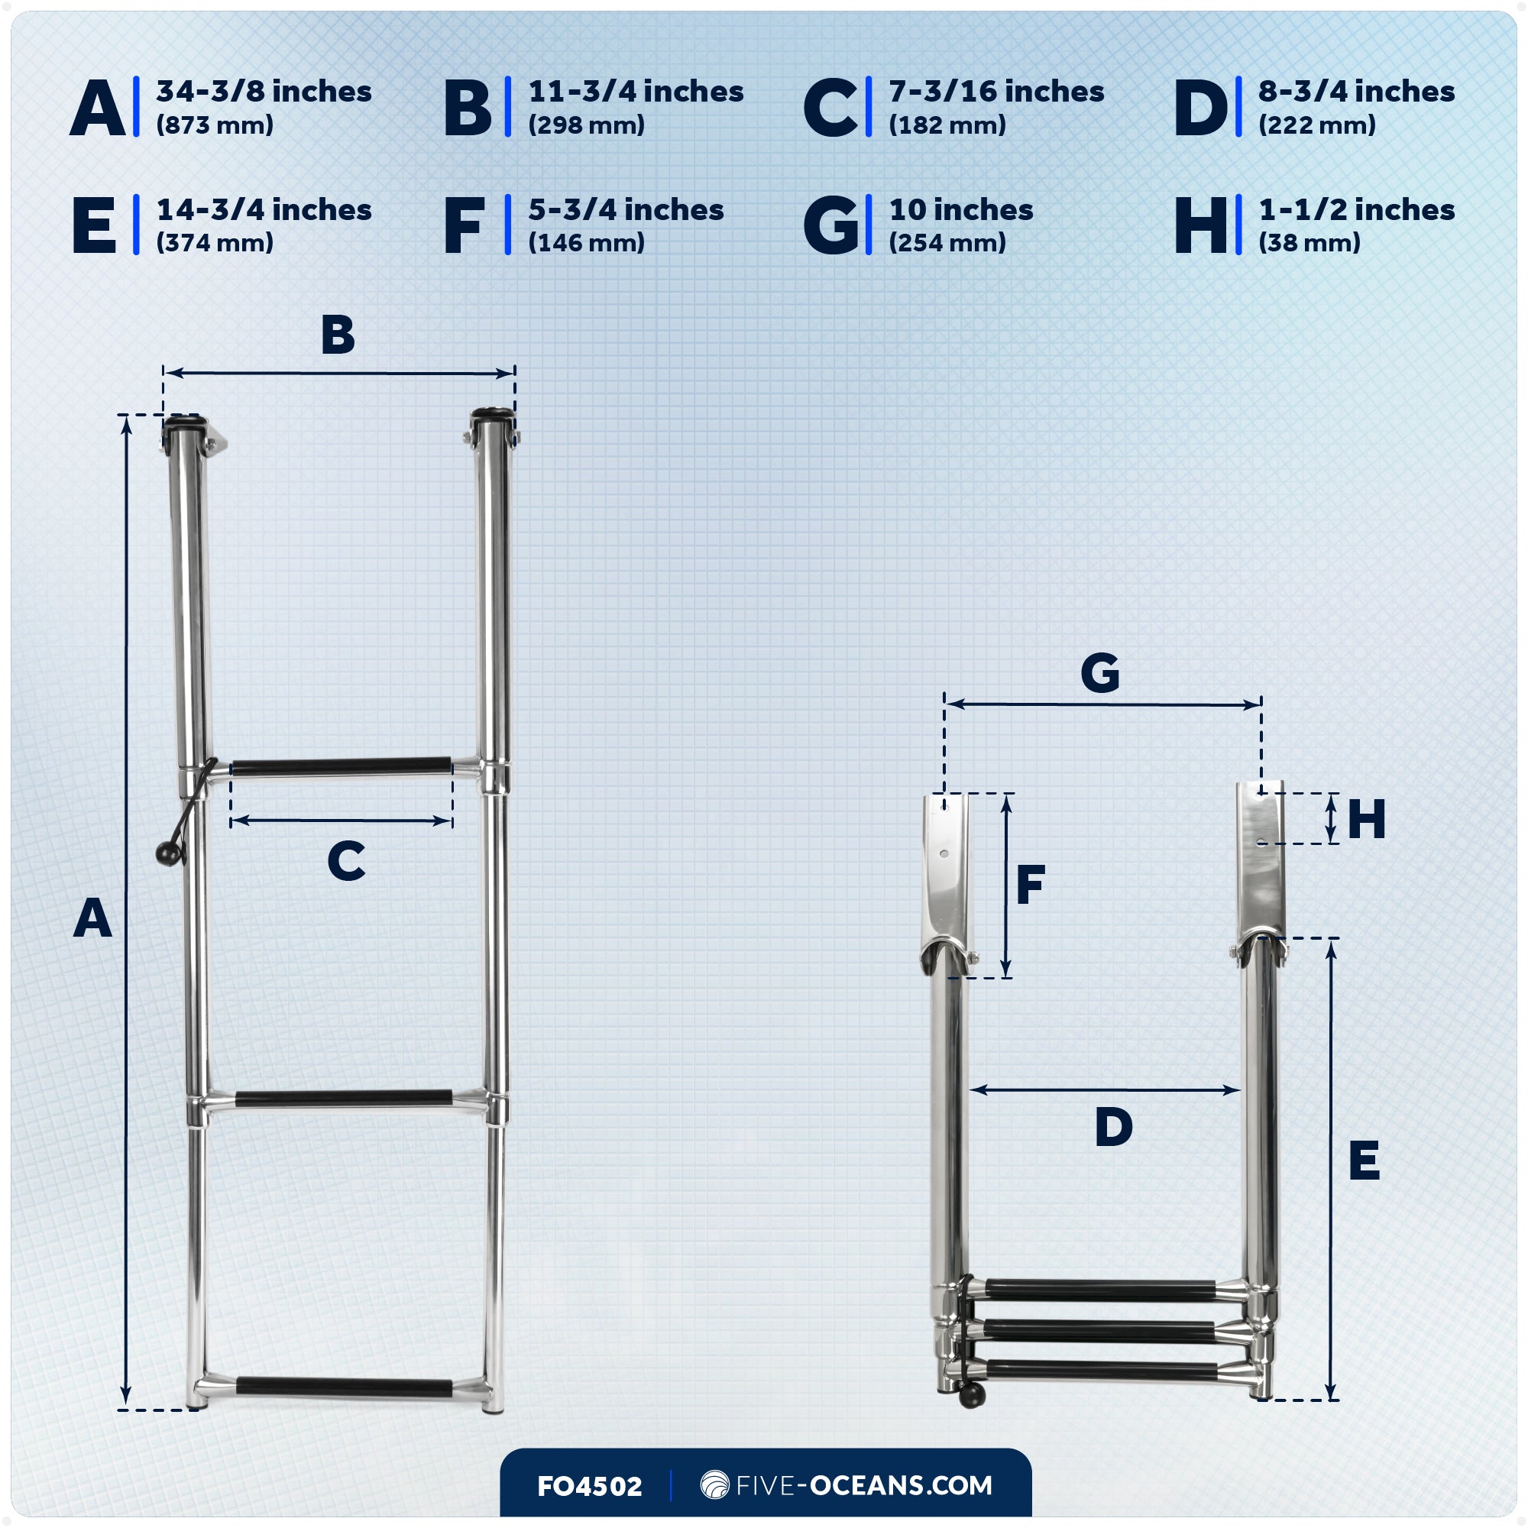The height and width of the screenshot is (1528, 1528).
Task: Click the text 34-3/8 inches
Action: pos(264,92)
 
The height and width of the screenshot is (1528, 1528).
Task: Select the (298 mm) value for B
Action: pos(586,125)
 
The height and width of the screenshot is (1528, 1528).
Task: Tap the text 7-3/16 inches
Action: pos(995,92)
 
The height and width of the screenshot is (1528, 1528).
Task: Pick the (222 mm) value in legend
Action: pos(1317,125)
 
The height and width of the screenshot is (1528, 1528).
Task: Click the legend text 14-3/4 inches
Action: pos(264,210)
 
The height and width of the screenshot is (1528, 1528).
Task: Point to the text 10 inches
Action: pos(961,210)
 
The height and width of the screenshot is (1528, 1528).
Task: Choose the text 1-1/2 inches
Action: pos(1356,210)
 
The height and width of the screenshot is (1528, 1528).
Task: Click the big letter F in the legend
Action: pos(464,226)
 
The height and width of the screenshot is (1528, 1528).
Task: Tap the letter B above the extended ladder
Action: pos(338,335)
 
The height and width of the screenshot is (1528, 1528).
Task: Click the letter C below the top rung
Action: pos(345,861)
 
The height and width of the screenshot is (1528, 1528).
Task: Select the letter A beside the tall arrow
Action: pos(92,919)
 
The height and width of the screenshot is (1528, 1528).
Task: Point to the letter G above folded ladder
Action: pos(1099,674)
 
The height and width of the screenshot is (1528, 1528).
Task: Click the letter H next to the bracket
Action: pos(1367,819)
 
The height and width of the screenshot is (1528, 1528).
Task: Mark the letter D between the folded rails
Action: pos(1114,1127)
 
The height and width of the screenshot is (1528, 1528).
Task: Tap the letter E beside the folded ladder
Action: pos(1365,1161)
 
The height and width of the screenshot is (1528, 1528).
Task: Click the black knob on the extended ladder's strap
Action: pos(167,855)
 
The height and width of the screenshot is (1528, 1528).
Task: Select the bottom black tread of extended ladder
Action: pos(344,1387)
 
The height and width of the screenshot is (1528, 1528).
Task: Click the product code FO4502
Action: pos(589,1486)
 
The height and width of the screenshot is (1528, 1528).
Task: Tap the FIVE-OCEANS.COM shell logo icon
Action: pos(714,1484)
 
